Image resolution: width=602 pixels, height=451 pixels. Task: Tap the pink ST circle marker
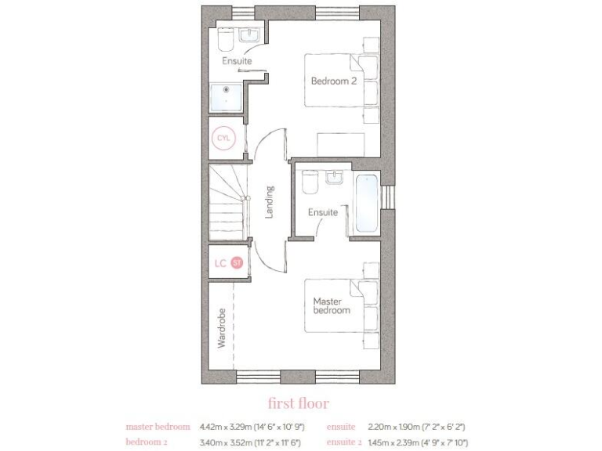click(237, 262)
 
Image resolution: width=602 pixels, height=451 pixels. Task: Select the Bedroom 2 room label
click(334, 80)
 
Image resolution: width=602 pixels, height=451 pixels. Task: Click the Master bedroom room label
click(331, 305)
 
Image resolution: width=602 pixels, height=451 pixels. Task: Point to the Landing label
click(270, 202)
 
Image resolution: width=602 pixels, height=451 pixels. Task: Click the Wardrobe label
click(222, 328)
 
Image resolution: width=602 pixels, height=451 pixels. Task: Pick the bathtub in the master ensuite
click(367, 204)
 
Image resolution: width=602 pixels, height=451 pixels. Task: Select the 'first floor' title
click(299, 403)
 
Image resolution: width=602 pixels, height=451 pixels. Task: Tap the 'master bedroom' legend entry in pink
click(158, 427)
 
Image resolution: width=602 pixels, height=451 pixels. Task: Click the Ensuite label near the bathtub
click(322, 212)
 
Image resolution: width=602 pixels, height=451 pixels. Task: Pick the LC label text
click(220, 263)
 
